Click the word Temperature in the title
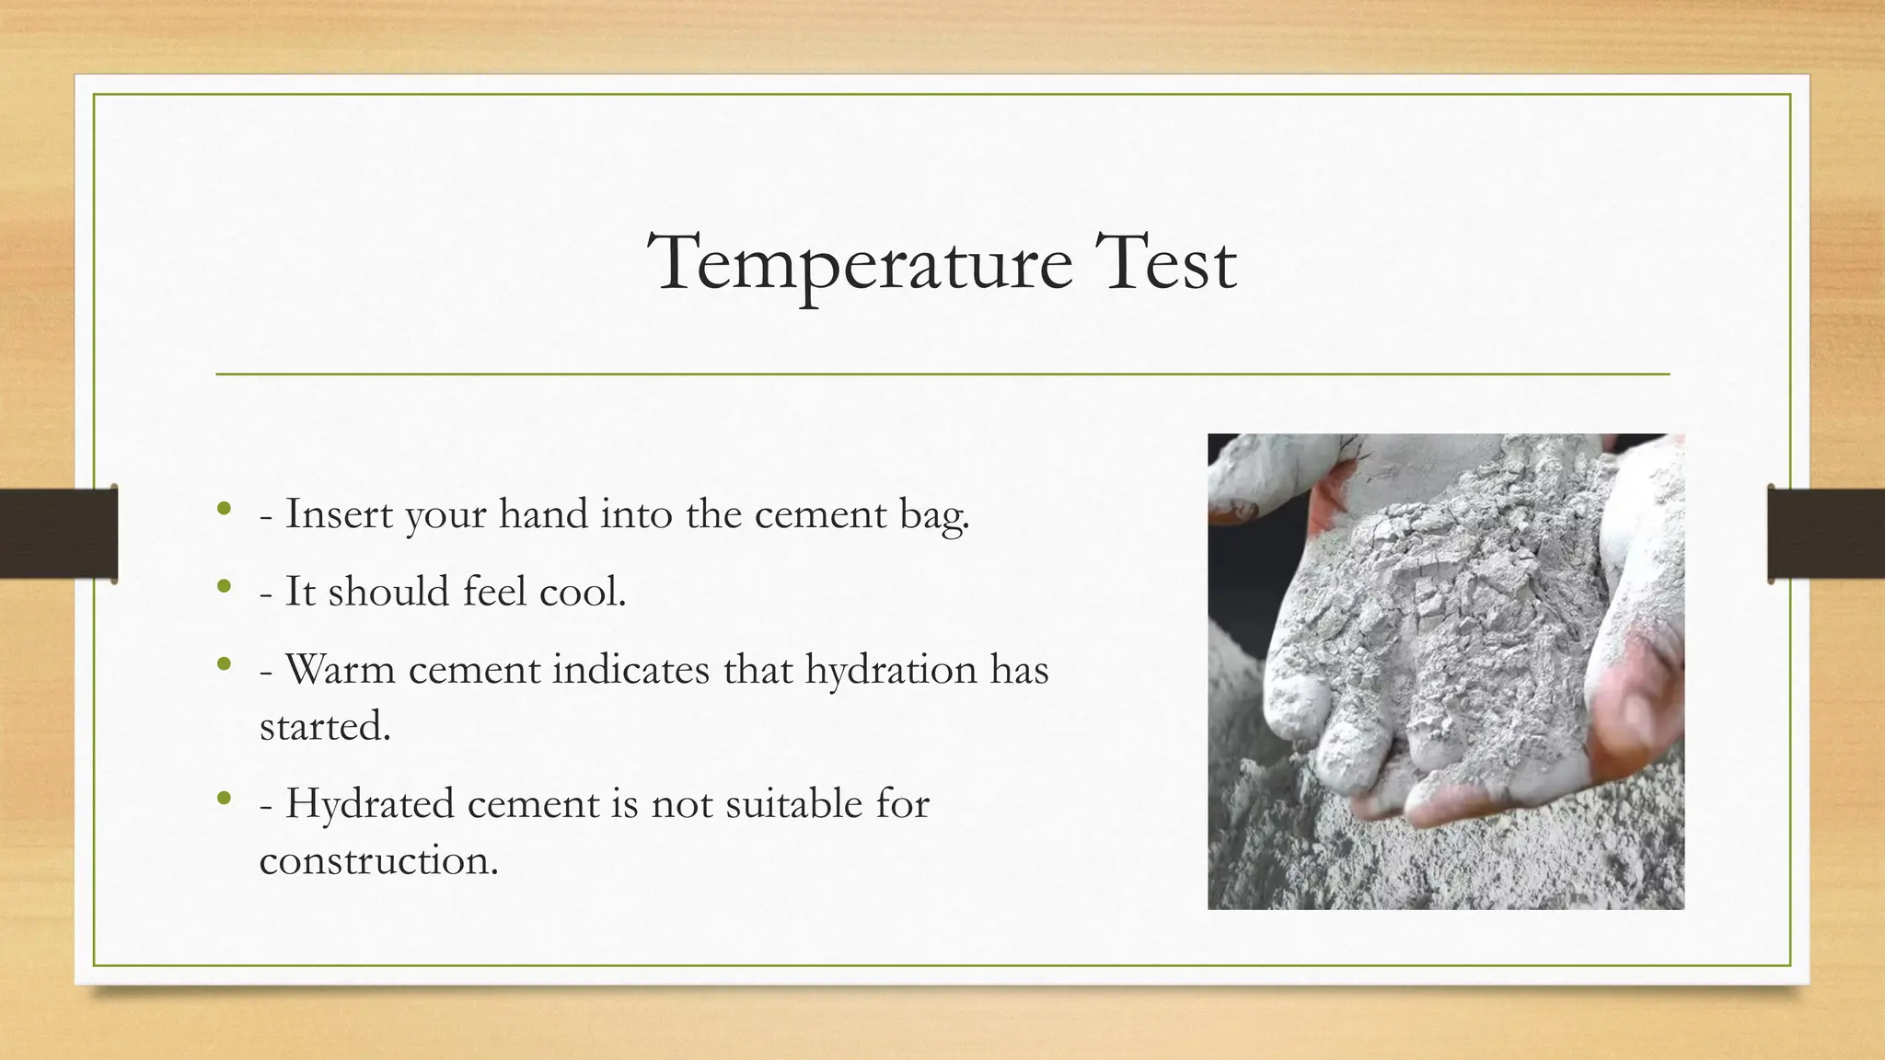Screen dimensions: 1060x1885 860,265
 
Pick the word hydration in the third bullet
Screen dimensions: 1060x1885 890,670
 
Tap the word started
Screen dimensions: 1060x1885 325,726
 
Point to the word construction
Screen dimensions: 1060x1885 378,860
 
